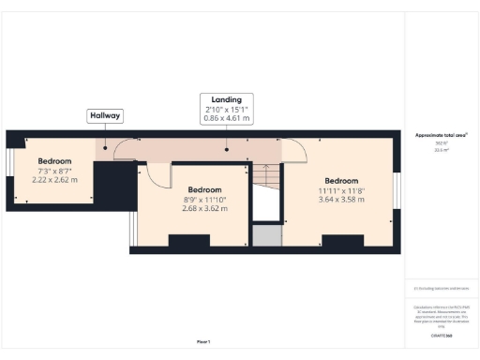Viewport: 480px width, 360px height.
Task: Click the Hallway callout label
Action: pyautogui.click(x=104, y=115)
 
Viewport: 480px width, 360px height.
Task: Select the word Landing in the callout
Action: pyautogui.click(x=227, y=99)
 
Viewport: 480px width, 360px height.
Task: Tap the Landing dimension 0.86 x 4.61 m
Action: pyautogui.click(x=227, y=119)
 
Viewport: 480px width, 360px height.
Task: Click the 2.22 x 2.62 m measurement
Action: pyautogui.click(x=54, y=180)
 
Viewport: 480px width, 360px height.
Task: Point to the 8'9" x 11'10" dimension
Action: pyautogui.click(x=204, y=199)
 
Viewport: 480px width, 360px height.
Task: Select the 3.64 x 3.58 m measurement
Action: pyautogui.click(x=341, y=199)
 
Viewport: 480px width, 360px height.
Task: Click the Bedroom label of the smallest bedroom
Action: pyautogui.click(x=54, y=161)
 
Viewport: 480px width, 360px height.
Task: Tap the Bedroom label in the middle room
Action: pyautogui.click(x=204, y=188)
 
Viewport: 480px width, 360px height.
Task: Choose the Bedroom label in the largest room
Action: pyautogui.click(x=341, y=180)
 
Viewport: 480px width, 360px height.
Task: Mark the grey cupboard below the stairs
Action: pyautogui.click(x=266, y=234)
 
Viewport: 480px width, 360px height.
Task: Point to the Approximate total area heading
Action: pyautogui.click(x=441, y=135)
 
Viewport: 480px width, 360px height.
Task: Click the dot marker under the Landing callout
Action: pyautogui.click(x=227, y=147)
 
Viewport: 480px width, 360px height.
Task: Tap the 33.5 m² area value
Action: pyautogui.click(x=440, y=149)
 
